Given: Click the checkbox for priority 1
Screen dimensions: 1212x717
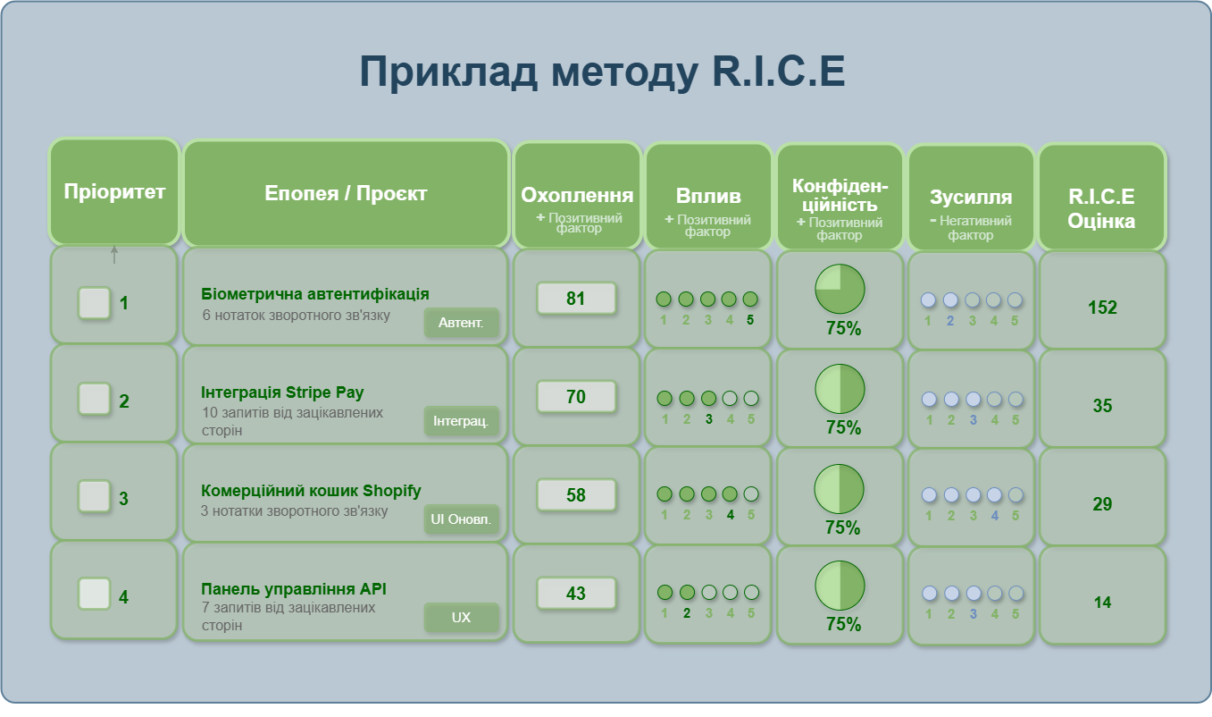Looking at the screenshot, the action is (x=95, y=302).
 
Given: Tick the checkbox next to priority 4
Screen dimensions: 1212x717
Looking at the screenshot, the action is (x=95, y=594).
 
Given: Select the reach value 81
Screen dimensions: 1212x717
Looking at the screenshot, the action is (x=576, y=298).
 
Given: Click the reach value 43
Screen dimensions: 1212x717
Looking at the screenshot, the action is (x=576, y=593).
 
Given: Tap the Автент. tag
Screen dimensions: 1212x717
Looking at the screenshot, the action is (x=461, y=323).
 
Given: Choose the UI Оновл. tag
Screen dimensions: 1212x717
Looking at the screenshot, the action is (x=461, y=519).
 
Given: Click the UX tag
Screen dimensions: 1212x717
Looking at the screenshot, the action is (x=461, y=618).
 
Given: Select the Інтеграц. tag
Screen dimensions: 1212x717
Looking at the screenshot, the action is (x=461, y=421).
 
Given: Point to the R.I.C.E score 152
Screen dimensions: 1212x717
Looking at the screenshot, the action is (x=1102, y=308).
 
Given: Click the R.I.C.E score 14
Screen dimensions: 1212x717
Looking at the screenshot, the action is (x=1102, y=603).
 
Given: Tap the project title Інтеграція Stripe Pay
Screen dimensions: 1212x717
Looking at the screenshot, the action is (x=282, y=392).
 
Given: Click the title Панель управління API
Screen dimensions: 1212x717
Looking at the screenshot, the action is (x=294, y=588).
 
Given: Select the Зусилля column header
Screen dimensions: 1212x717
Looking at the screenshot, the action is (x=971, y=197).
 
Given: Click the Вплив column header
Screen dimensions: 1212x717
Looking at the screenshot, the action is (x=708, y=196).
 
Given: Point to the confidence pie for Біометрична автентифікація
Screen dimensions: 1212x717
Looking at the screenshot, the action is (x=840, y=289).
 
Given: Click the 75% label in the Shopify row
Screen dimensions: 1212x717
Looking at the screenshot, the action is (x=842, y=527).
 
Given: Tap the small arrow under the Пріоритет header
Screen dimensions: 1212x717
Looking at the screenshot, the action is (x=114, y=255).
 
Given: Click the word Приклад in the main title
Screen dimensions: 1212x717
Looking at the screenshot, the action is (x=448, y=72).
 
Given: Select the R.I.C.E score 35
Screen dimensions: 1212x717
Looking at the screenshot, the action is (x=1102, y=406).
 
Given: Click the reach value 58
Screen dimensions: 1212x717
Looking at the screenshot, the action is (x=576, y=494).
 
